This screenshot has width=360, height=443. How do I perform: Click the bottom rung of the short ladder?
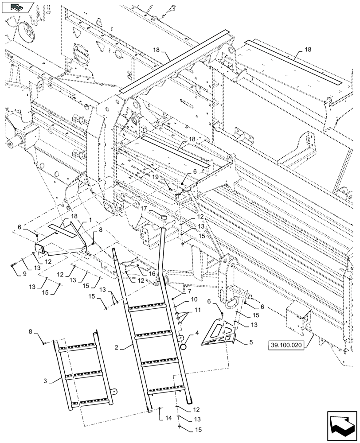tap(82, 402)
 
